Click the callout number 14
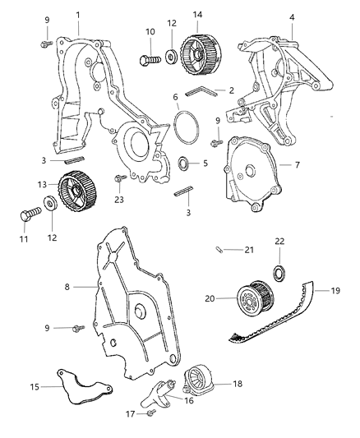197,15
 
